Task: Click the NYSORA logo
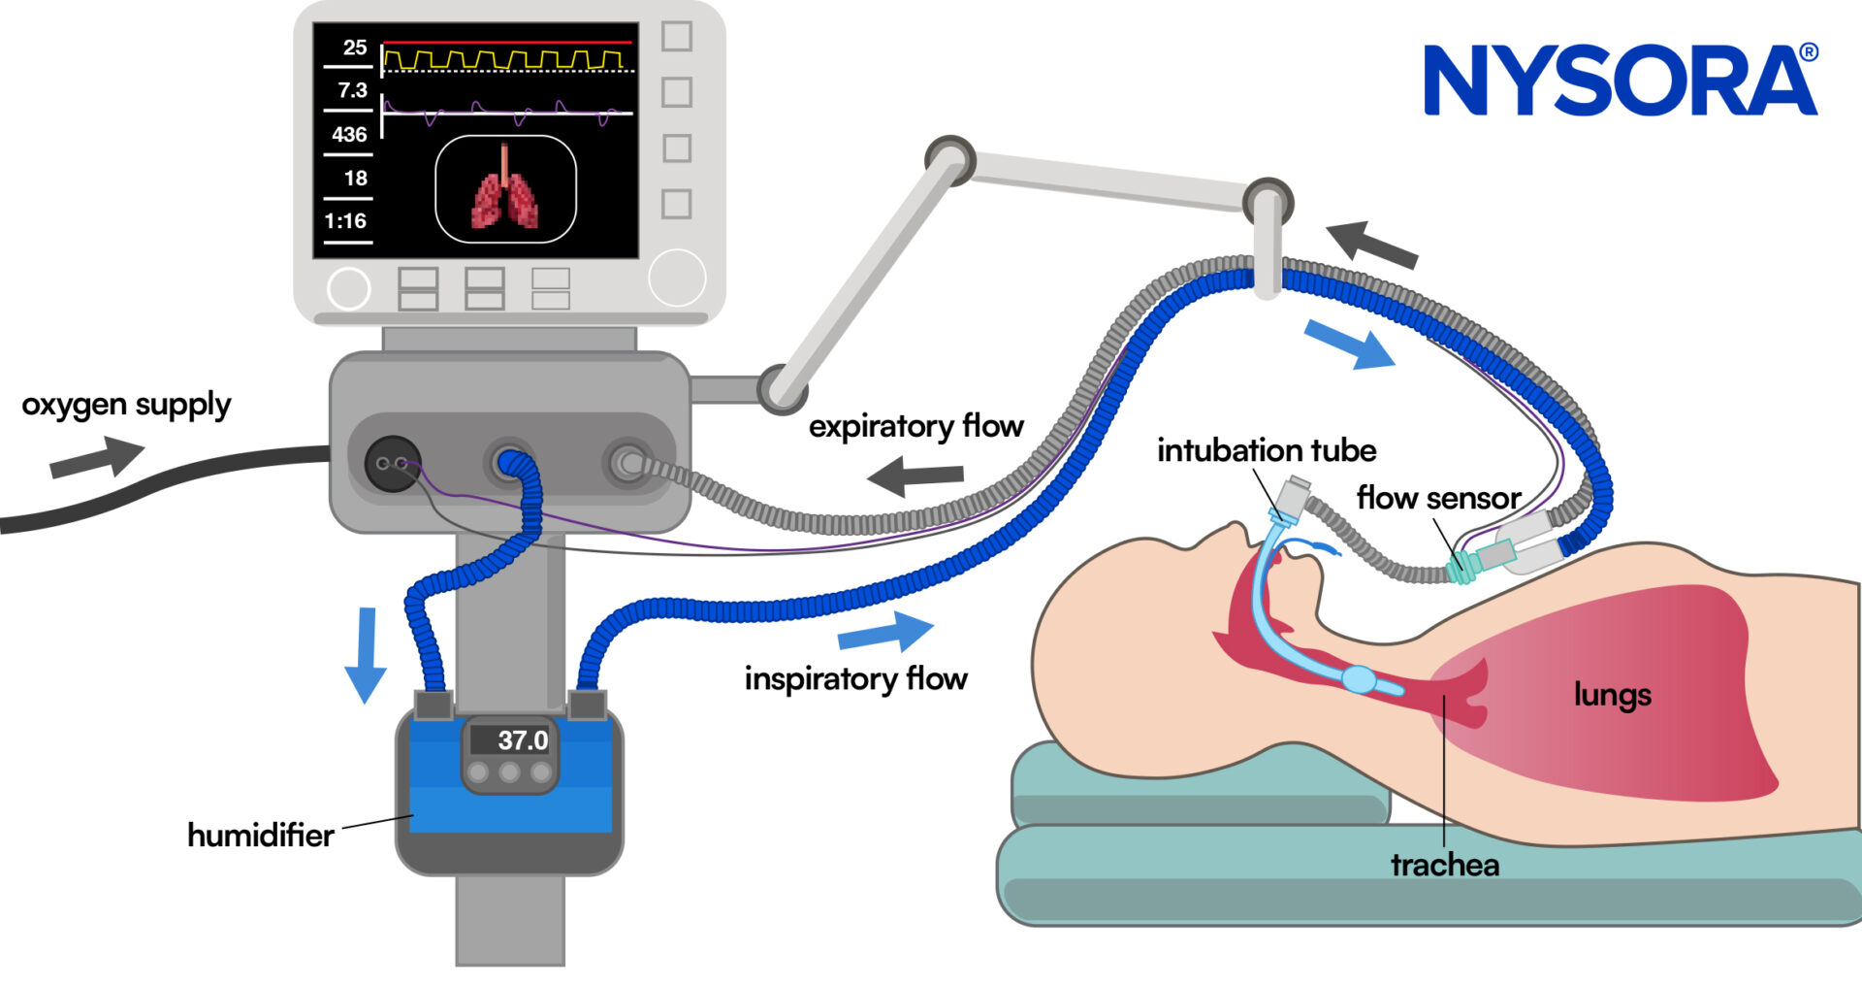[1620, 81]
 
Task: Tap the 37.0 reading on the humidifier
[523, 740]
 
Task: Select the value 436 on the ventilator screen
[349, 135]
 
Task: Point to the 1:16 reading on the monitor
[345, 221]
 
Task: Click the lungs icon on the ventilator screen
[505, 189]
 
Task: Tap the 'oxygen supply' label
[126, 405]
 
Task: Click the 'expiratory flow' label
[915, 426]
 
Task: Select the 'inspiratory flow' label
[855, 678]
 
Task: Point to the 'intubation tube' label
[1266, 450]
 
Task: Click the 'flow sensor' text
[1438, 498]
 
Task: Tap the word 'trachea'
[1444, 865]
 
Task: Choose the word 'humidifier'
[260, 835]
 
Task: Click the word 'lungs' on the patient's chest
[1612, 695]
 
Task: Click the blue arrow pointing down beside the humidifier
[366, 654]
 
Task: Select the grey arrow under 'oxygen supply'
[96, 457]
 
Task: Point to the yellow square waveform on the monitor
[503, 61]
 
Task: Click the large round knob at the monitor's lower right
[676, 278]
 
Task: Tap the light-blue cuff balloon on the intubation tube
[1360, 678]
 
